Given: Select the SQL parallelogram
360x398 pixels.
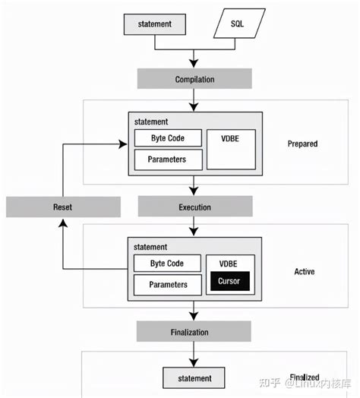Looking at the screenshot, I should tap(238, 24).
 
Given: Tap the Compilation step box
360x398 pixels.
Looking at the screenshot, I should tap(194, 79).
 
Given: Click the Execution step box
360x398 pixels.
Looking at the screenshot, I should tap(194, 207).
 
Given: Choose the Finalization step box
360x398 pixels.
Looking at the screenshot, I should tap(194, 332).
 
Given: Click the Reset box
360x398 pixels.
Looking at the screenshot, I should tap(63, 207).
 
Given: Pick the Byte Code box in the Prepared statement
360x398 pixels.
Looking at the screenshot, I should tap(169, 138).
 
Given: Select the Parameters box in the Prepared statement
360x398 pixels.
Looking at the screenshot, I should tap(169, 159).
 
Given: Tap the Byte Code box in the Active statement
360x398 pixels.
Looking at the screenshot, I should tap(169, 264).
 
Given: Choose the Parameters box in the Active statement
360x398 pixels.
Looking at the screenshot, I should tap(169, 285).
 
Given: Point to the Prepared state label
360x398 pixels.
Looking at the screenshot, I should tap(303, 143).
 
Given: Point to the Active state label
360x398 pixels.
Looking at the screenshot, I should tap(304, 271).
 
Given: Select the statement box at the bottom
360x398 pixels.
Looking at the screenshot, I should tap(194, 377).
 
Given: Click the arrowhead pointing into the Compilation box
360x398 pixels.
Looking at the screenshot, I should tap(195, 65).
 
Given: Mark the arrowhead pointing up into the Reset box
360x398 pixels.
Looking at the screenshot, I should tap(63, 221).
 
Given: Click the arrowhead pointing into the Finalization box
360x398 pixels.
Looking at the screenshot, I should tap(195, 317).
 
